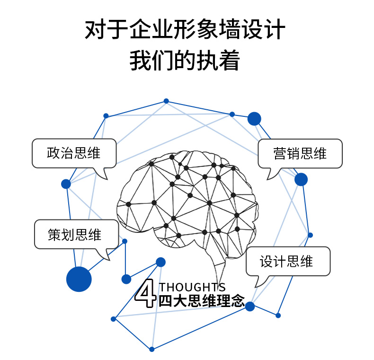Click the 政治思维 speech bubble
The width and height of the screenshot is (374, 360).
(74, 153)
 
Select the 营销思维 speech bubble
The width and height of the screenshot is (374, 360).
(300, 153)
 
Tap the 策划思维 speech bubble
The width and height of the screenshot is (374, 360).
(76, 234)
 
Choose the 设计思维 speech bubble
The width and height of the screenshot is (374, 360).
(288, 261)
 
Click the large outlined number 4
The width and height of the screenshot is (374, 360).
(145, 293)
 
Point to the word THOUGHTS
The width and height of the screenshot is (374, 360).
(192, 287)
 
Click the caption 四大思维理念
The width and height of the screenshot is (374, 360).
(202, 301)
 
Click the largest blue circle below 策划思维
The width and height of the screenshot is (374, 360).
(79, 279)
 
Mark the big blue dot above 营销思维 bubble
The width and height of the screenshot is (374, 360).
(254, 118)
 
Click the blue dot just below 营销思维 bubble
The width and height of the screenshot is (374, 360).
(301, 179)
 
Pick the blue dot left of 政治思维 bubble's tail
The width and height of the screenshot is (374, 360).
(66, 184)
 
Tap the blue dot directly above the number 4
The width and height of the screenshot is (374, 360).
(160, 262)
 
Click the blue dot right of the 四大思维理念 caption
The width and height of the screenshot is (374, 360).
(250, 307)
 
